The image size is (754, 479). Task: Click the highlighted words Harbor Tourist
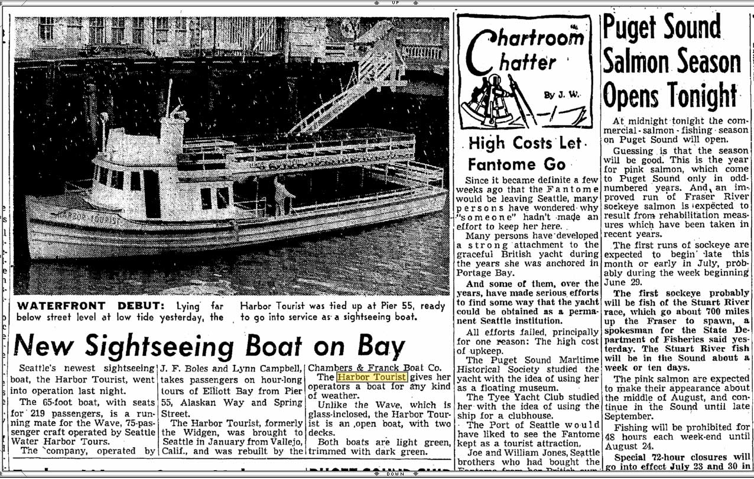(x=372, y=377)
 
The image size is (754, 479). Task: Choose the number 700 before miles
(x=696, y=311)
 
